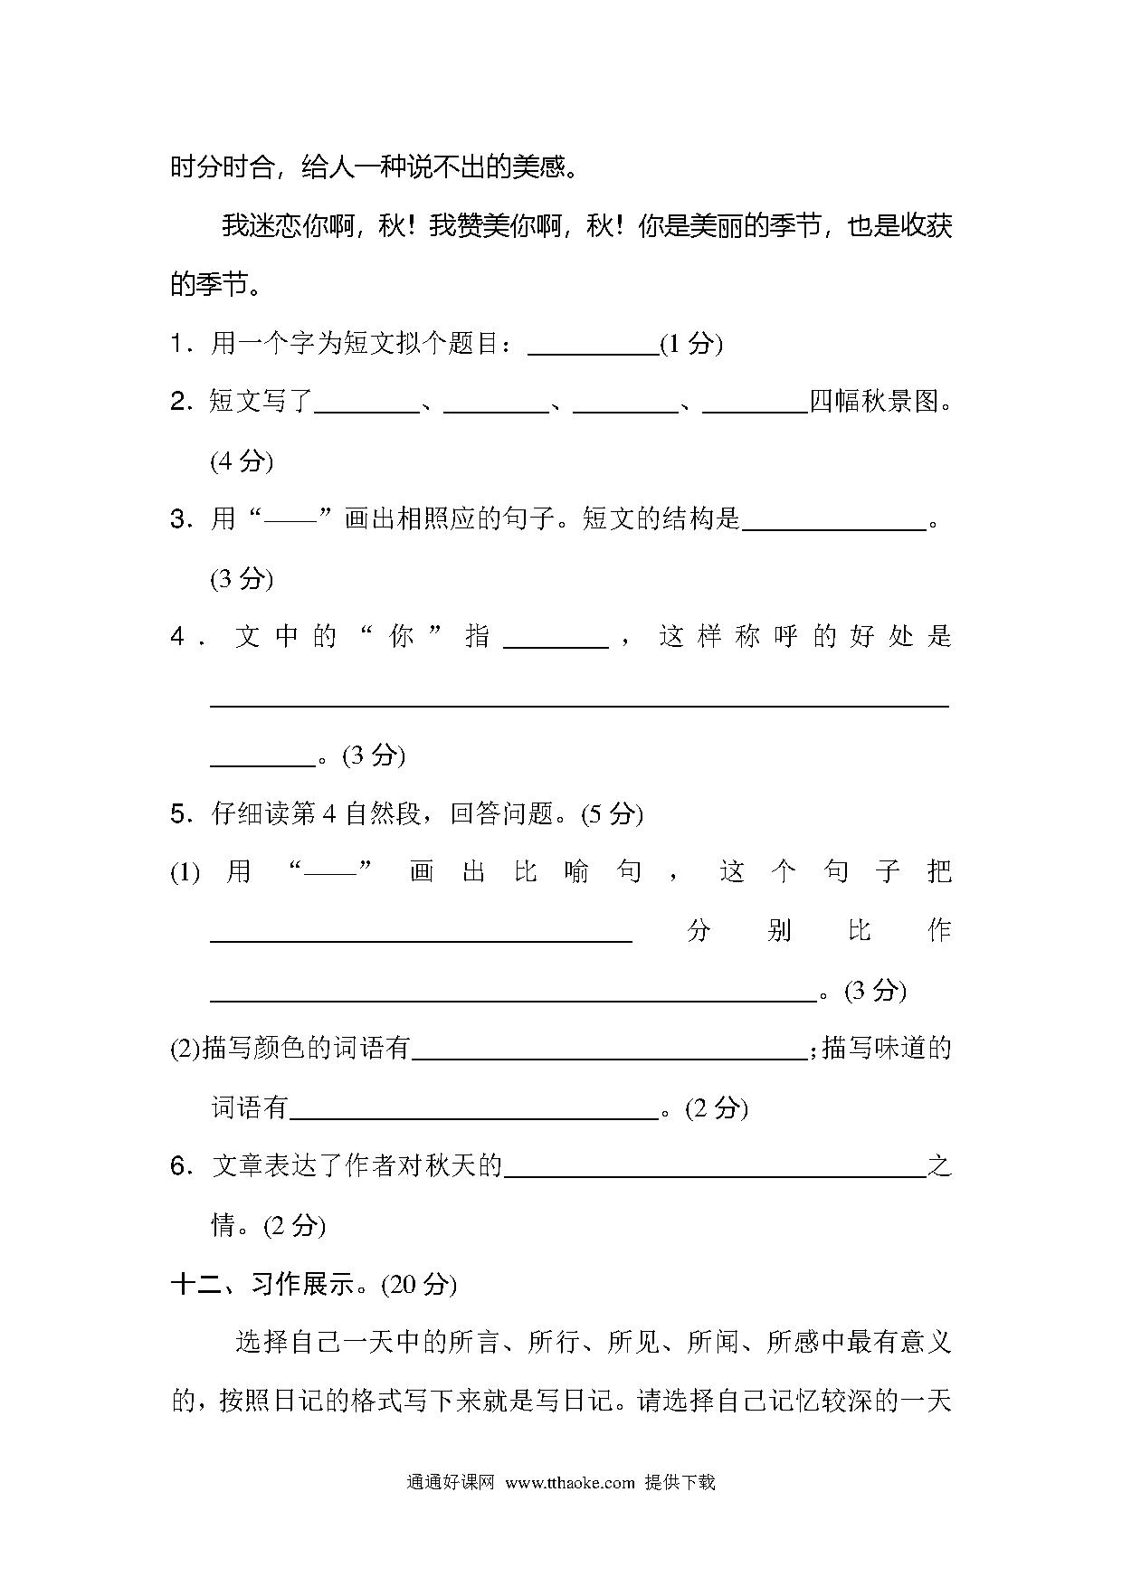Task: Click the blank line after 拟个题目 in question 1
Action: click(593, 351)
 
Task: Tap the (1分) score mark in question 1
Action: click(691, 344)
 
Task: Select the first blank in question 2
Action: click(366, 409)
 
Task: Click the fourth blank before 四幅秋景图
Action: click(755, 409)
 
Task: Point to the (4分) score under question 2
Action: click(242, 461)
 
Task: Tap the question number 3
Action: click(177, 519)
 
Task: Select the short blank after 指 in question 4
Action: click(556, 644)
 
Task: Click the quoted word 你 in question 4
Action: click(401, 636)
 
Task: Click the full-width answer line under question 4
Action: click(579, 703)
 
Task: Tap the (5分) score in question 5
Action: click(612, 813)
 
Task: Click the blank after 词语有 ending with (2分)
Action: click(474, 1116)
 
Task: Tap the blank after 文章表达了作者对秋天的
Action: click(715, 1174)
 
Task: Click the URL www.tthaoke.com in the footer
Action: click(570, 1482)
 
